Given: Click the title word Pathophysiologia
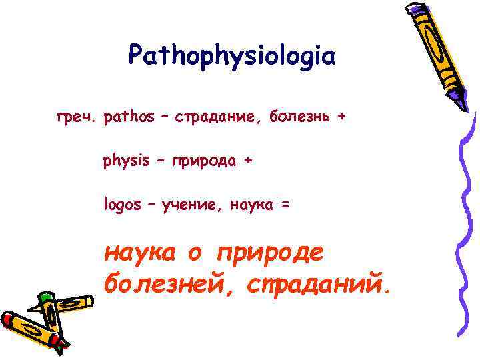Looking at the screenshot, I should (232, 55).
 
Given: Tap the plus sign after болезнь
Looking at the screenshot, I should (342, 117).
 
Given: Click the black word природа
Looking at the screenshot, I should (201, 161).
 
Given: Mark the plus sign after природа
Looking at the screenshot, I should (249, 161).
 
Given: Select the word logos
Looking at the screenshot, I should (122, 205).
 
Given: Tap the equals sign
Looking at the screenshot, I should (285, 205).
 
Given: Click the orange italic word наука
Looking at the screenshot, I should (140, 253).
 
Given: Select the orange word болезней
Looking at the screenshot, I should (169, 285).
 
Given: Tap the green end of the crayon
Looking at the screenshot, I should (45, 297).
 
